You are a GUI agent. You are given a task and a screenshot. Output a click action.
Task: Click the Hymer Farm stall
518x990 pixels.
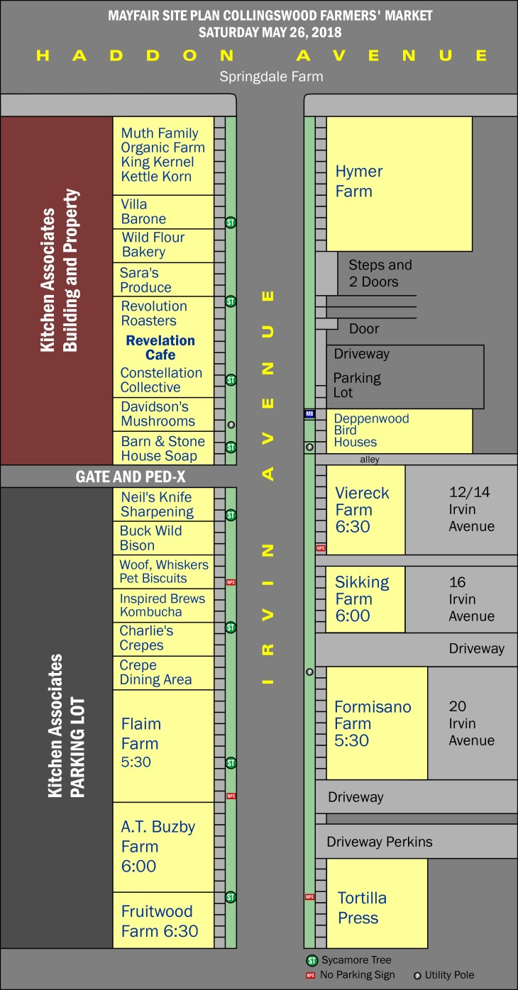[x=399, y=183]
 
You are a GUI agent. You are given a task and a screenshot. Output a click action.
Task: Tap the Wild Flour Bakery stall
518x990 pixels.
[x=163, y=245]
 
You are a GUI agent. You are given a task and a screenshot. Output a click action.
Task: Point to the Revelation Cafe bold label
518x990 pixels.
[x=160, y=347]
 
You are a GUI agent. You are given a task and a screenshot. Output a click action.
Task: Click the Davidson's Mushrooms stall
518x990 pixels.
[x=163, y=414]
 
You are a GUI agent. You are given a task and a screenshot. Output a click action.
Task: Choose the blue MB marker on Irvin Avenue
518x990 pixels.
[x=309, y=413]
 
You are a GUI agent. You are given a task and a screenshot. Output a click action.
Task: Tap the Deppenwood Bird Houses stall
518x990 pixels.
[x=399, y=430]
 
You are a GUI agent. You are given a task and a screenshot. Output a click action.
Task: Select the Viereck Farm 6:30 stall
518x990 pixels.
[x=365, y=509]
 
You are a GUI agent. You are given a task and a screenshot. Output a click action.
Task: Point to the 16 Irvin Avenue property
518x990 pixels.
[x=461, y=599]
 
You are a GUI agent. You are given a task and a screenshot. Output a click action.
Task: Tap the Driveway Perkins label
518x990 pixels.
[x=379, y=842]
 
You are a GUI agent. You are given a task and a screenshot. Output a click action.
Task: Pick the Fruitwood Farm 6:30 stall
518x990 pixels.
[x=163, y=920]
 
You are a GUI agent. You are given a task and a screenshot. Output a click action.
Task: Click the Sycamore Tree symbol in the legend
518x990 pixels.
[x=311, y=961]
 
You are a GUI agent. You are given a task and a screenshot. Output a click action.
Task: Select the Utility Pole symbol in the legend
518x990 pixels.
[x=417, y=975]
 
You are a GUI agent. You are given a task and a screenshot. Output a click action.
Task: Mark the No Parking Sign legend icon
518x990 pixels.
[x=310, y=975]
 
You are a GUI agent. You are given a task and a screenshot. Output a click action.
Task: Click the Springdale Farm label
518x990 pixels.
[x=271, y=77]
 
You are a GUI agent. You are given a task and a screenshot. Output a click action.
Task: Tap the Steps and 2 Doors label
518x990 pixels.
[x=380, y=273]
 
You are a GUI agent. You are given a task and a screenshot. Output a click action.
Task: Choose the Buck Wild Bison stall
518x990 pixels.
[x=163, y=538]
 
